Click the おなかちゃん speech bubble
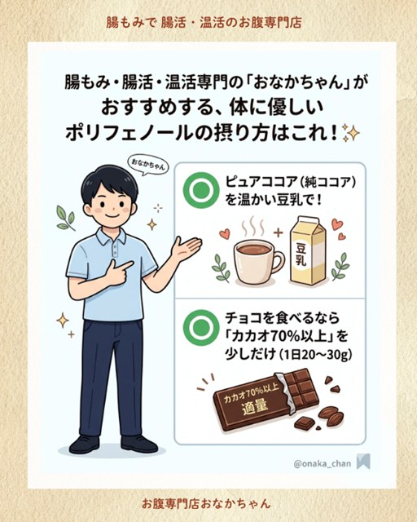[148, 165]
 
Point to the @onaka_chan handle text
[323, 463]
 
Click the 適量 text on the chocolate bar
[256, 407]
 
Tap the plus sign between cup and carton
[278, 232]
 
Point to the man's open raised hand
[186, 248]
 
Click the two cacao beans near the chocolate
[331, 416]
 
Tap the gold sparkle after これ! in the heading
[351, 134]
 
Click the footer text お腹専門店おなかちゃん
[206, 503]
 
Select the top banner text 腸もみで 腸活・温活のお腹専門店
[204, 23]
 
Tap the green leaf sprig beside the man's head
[66, 218]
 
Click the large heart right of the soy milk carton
[337, 224]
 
